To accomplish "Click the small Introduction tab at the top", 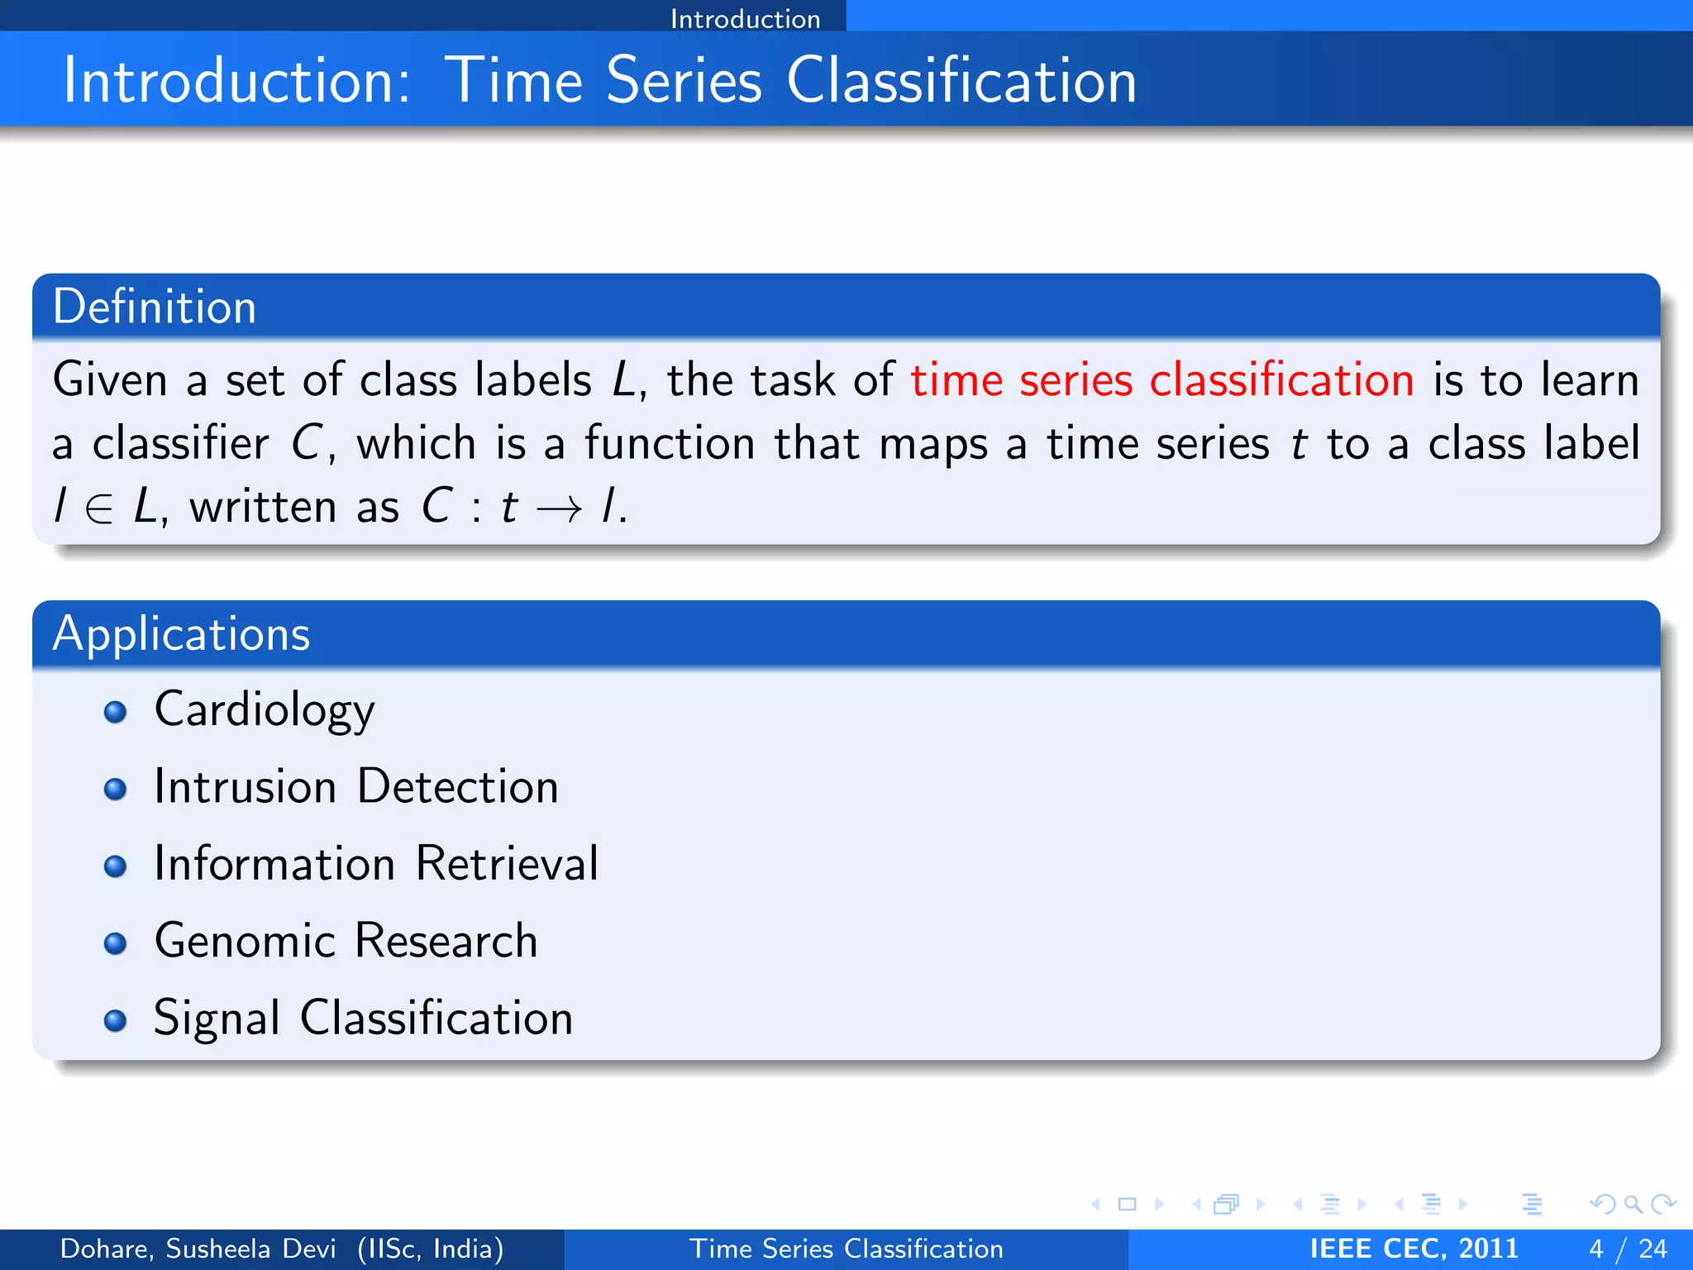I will pyautogui.click(x=745, y=18).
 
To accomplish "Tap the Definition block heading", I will pyautogui.click(x=155, y=307).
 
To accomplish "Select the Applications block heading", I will pyautogui.click(x=181, y=634).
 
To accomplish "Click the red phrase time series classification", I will pyautogui.click(x=1161, y=380).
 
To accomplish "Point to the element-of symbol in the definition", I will pyautogui.click(x=98, y=508).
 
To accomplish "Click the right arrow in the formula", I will pyautogui.click(x=559, y=508).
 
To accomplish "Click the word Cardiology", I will pyautogui.click(x=265, y=710).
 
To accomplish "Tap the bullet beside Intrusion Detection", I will pyautogui.click(x=116, y=789).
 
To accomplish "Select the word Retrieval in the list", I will pyautogui.click(x=507, y=863).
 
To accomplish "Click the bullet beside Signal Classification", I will pyautogui.click(x=116, y=1020).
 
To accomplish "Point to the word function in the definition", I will pyautogui.click(x=670, y=443).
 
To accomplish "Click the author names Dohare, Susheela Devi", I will pyautogui.click(x=198, y=1249).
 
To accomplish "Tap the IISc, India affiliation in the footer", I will pyautogui.click(x=431, y=1249).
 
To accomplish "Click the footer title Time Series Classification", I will pyautogui.click(x=846, y=1249).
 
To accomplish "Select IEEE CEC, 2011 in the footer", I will pyautogui.click(x=1414, y=1249).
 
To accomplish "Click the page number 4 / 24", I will pyautogui.click(x=1628, y=1249).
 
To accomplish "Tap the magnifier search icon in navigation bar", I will pyautogui.click(x=1633, y=1204).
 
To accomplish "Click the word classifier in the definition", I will pyautogui.click(x=180, y=443).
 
